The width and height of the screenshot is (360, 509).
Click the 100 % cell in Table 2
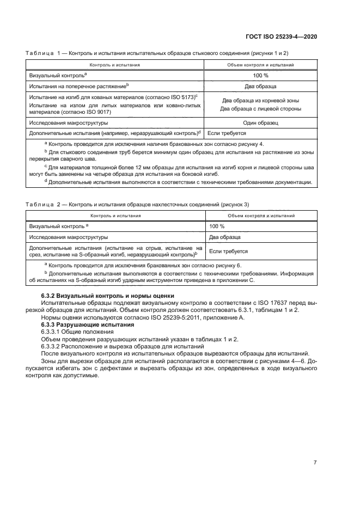(217, 226)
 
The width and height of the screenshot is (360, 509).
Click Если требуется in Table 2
(228, 252)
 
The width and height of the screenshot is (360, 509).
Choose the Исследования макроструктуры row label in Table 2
(68, 237)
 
